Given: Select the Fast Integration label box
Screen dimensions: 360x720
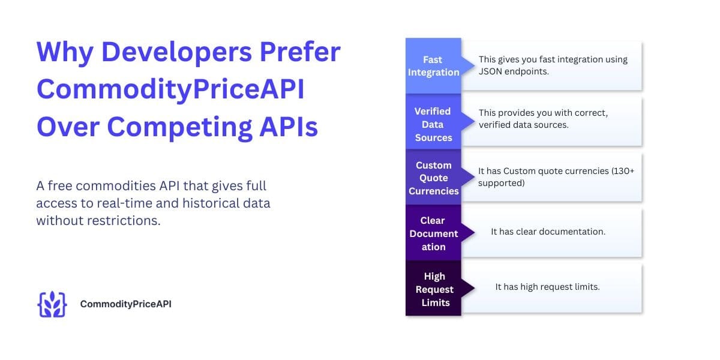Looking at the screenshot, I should tap(433, 66).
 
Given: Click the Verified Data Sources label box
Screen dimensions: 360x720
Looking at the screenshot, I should tap(433, 124).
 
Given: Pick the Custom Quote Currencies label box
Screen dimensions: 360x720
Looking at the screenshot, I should tap(433, 178).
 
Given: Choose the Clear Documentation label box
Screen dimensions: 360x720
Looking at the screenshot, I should tap(433, 233).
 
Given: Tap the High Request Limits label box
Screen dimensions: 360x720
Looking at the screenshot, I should tap(433, 289).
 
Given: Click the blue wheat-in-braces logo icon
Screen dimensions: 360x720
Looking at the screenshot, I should tap(52, 304).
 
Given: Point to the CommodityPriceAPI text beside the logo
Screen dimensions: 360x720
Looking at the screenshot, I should tap(126, 304).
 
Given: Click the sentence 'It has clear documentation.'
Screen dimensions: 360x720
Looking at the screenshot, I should tap(548, 232).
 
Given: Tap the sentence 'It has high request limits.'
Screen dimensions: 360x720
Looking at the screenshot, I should tap(547, 287).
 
